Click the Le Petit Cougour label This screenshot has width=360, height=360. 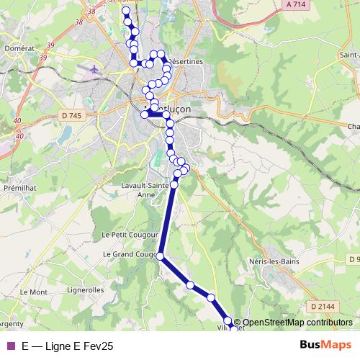(125, 234)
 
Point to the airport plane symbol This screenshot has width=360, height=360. (94, 70)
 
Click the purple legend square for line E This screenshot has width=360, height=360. (10, 346)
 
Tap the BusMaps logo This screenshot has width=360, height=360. (325, 346)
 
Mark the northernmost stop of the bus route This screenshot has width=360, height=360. (126, 11)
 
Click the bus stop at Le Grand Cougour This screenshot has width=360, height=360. (160, 256)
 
